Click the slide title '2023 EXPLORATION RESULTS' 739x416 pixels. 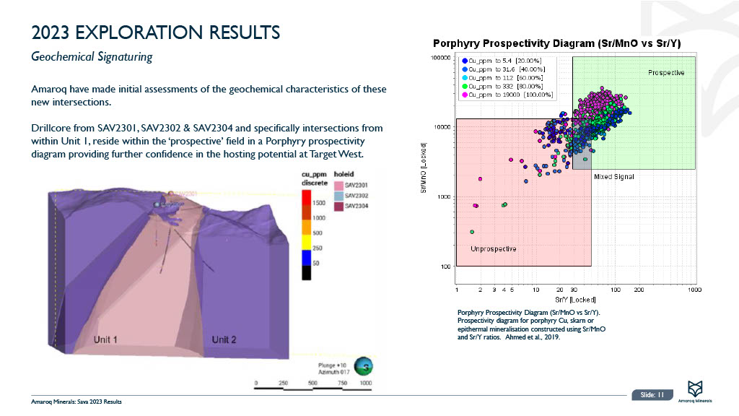click(x=156, y=32)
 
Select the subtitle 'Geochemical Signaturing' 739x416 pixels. click(x=92, y=56)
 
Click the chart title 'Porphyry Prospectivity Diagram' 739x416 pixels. click(x=556, y=43)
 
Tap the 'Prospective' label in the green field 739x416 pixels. click(x=665, y=73)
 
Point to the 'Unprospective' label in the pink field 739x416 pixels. click(x=494, y=248)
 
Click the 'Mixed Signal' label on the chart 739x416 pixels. click(x=613, y=177)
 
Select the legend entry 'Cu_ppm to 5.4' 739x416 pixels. click(x=504, y=62)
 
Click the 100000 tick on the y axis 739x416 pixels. click(x=441, y=57)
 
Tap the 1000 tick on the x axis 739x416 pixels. click(x=694, y=290)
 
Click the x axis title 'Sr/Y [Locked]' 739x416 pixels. click(x=574, y=299)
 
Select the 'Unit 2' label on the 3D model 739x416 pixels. click(x=224, y=339)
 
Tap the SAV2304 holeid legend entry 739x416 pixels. click(x=356, y=207)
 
